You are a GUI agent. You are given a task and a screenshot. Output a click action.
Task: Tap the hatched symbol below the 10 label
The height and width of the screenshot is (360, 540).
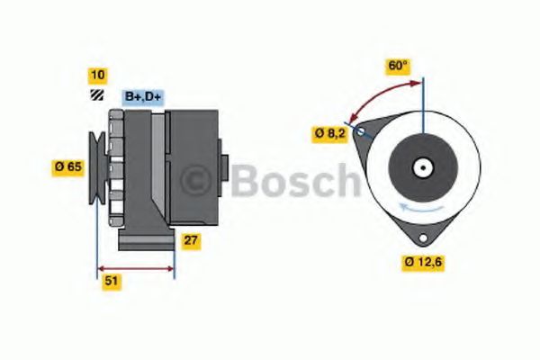96,95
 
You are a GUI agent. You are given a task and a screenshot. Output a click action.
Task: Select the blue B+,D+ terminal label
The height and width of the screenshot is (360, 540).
142,95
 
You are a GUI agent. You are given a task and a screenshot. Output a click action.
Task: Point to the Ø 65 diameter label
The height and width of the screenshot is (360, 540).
68,166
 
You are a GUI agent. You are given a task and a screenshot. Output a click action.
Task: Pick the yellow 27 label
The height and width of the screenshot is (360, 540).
191,240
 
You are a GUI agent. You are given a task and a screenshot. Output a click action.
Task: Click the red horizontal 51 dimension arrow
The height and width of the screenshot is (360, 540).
135,268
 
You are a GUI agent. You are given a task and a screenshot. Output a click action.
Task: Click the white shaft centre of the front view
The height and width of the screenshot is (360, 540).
421,167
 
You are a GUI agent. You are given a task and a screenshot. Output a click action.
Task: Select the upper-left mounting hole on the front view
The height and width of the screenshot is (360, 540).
361,133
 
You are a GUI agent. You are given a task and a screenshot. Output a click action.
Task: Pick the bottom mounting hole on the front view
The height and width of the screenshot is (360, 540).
420,236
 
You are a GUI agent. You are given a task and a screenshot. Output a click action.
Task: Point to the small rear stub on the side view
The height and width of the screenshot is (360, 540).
224,166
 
